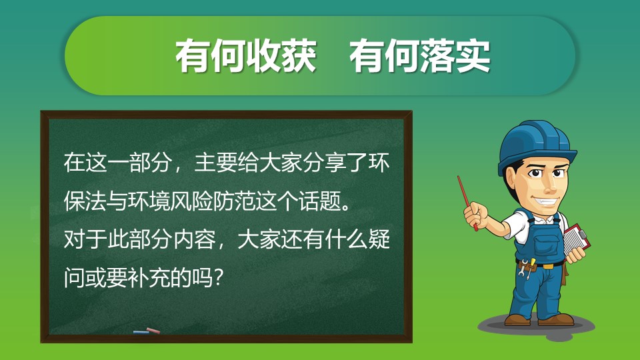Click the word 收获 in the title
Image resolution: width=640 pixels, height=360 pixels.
tap(281, 56)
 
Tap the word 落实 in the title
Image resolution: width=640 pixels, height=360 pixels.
tap(455, 56)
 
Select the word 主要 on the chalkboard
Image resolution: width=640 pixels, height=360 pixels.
tap(215, 163)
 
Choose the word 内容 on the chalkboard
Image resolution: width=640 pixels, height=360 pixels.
tap(195, 239)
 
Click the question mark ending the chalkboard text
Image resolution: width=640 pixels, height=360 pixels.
tap(219, 278)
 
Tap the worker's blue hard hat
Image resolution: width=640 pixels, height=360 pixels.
tap(535, 147)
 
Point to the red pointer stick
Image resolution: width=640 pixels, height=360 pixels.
tap(467, 203)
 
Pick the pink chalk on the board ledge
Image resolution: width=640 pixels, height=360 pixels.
tap(153, 330)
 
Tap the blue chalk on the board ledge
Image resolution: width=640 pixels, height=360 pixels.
tap(141, 332)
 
